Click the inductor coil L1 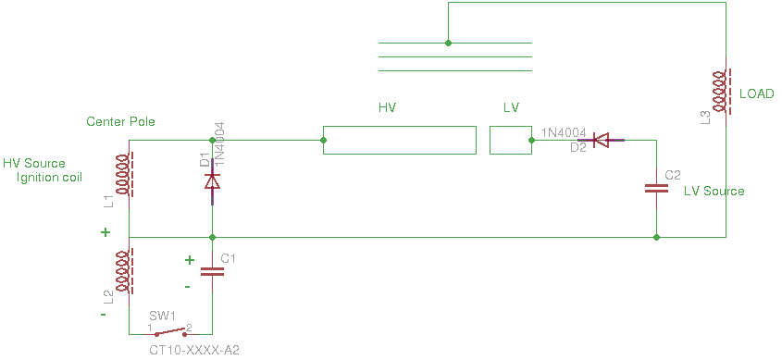pos(125,175)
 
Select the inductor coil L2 pos(125,272)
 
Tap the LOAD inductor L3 pos(721,92)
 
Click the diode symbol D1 pos(213,181)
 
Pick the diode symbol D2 pos(601,141)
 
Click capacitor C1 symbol pos(213,272)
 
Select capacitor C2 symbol pos(656,189)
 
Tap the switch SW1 pos(170,332)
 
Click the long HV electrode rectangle pos(400,140)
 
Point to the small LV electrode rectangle pos(511,140)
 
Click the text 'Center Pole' pos(120,121)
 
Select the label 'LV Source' pos(714,191)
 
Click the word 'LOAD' pos(757,93)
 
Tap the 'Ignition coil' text pos(49,178)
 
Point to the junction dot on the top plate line pos(448,43)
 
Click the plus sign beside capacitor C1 pos(189,260)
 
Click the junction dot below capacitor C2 pos(656,237)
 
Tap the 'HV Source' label pos(34,164)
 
